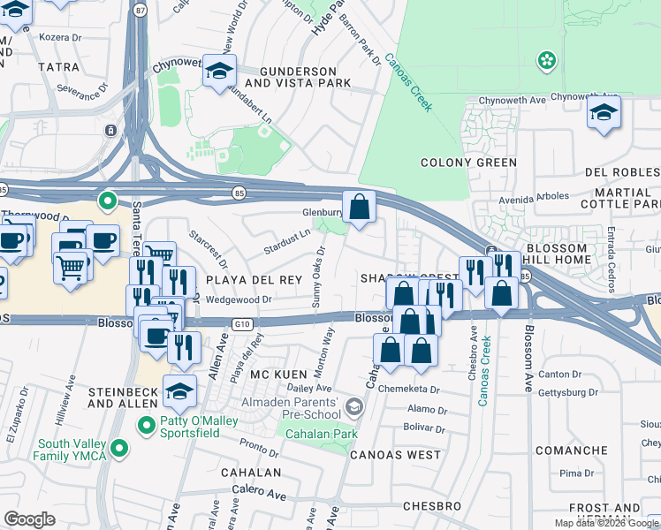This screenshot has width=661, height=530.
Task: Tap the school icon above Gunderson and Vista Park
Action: point(217,72)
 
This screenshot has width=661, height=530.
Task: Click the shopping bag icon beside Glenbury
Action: point(359,208)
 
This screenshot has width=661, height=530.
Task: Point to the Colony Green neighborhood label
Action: point(467,163)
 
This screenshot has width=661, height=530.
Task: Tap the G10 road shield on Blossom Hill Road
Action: point(243,324)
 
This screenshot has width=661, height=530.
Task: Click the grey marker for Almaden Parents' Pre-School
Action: point(354,406)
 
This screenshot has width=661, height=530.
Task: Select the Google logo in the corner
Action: point(29,519)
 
